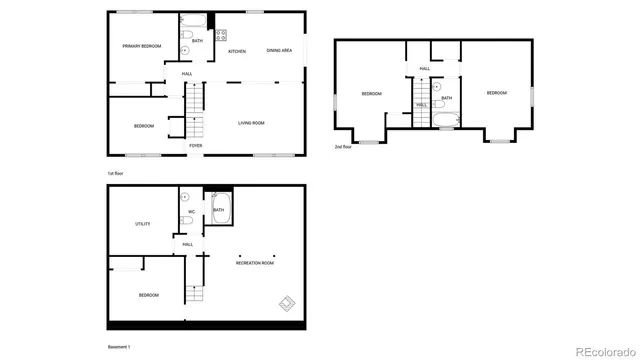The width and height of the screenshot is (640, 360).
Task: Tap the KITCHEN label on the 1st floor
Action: pos(237,51)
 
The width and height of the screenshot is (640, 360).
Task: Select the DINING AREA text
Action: pos(279,50)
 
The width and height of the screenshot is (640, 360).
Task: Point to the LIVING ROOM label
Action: pos(251,123)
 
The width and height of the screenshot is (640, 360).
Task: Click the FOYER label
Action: pos(196,146)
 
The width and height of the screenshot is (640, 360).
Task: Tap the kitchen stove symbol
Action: pos(220,35)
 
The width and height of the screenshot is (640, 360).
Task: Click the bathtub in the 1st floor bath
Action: pos(193,21)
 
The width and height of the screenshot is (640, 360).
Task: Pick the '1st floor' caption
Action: pos(117,174)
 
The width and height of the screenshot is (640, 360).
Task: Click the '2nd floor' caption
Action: pos(343,147)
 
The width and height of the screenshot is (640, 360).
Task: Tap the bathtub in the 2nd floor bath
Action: pos(446,125)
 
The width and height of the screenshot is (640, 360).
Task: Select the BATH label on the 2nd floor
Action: pos(446,98)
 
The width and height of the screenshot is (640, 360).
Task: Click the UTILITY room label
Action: pos(143,224)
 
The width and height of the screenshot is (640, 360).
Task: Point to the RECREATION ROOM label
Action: pos(255,263)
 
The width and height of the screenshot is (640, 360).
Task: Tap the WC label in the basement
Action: pos(191,212)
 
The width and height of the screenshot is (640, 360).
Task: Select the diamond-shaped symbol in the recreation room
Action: pos(287,303)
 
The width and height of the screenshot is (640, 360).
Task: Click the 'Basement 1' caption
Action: pos(119,347)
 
